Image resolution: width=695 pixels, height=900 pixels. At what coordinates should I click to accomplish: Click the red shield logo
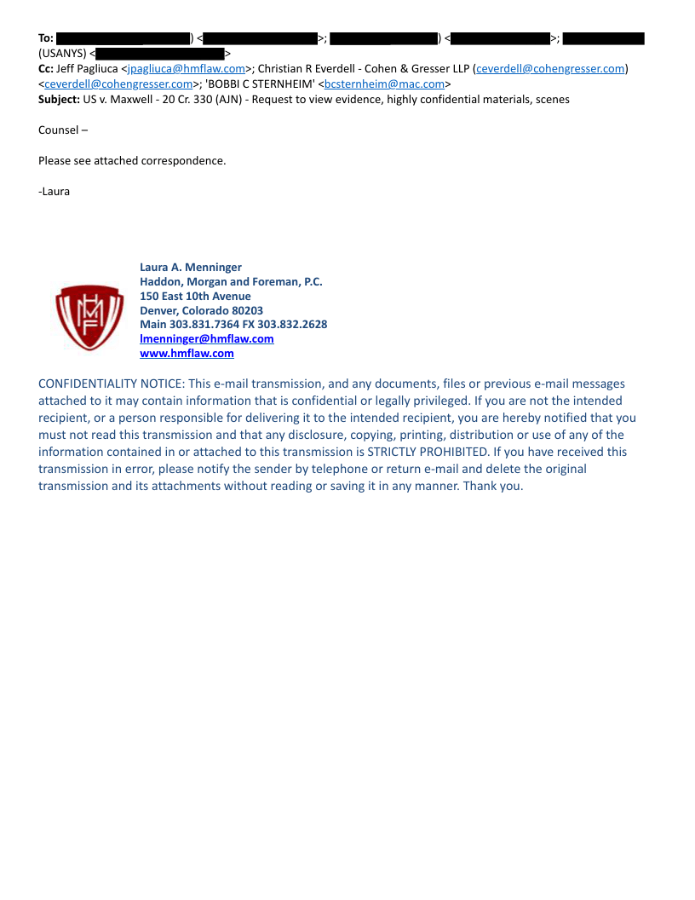89,318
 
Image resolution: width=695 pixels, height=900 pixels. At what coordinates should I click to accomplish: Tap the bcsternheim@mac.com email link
385,84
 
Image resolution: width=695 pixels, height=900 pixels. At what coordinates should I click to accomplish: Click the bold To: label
46,38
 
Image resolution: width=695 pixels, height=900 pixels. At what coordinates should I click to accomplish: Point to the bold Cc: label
46,69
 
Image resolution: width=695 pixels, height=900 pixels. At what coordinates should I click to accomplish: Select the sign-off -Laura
55,191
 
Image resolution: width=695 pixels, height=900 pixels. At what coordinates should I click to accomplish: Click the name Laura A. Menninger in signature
191,268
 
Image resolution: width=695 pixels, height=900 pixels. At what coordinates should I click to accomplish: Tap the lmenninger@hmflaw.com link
207,338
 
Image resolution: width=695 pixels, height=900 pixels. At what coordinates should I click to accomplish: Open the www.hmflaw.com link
187,353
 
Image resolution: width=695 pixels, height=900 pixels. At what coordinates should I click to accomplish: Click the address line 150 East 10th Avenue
195,296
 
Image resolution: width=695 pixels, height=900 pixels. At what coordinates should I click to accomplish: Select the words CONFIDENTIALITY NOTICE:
111,384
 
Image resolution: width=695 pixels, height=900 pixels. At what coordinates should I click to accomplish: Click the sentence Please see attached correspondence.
132,160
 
